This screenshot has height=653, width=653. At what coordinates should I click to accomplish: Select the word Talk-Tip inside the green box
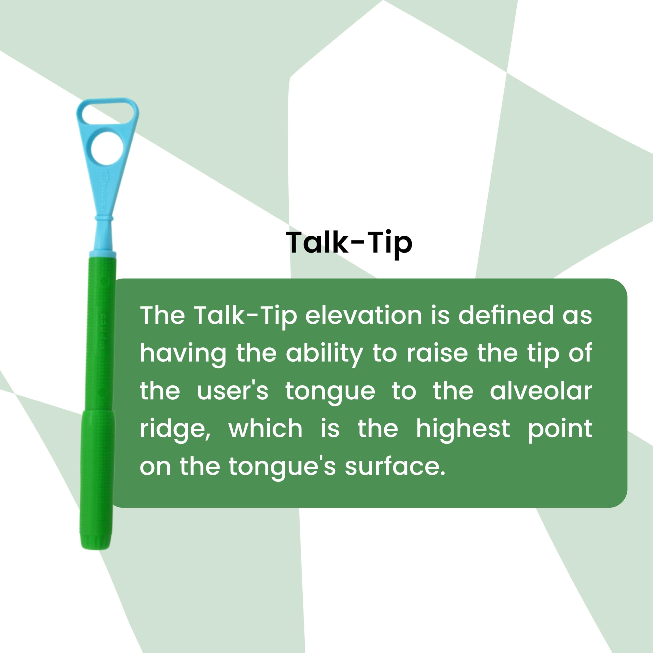click(x=246, y=316)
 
